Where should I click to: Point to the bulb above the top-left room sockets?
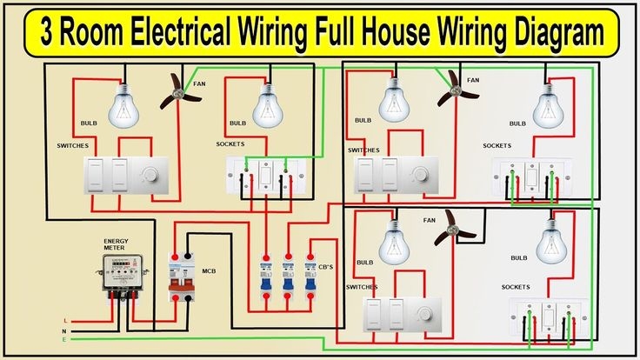[267, 106]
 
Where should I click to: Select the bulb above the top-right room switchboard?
[397, 103]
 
